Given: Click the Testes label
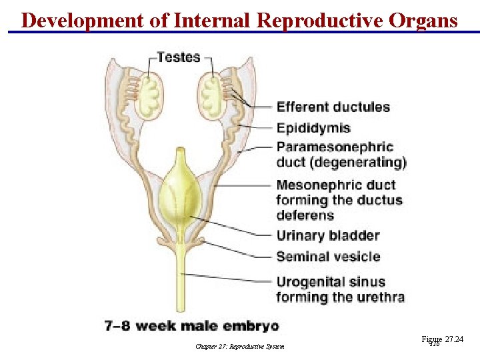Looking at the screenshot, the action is (178, 57).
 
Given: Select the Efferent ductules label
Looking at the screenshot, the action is (333, 107).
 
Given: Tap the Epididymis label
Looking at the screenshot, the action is (313, 127).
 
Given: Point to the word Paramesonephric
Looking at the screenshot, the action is (335, 147).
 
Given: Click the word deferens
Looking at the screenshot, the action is (305, 215).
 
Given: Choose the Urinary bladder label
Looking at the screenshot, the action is (328, 235).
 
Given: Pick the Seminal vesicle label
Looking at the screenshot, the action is (328, 257).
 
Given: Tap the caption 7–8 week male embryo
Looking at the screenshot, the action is (192, 326).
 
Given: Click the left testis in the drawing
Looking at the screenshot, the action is (149, 93).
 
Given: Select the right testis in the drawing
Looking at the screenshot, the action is (213, 93).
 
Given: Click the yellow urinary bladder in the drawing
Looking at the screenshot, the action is (179, 193).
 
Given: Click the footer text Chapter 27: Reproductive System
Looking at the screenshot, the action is (240, 346).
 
